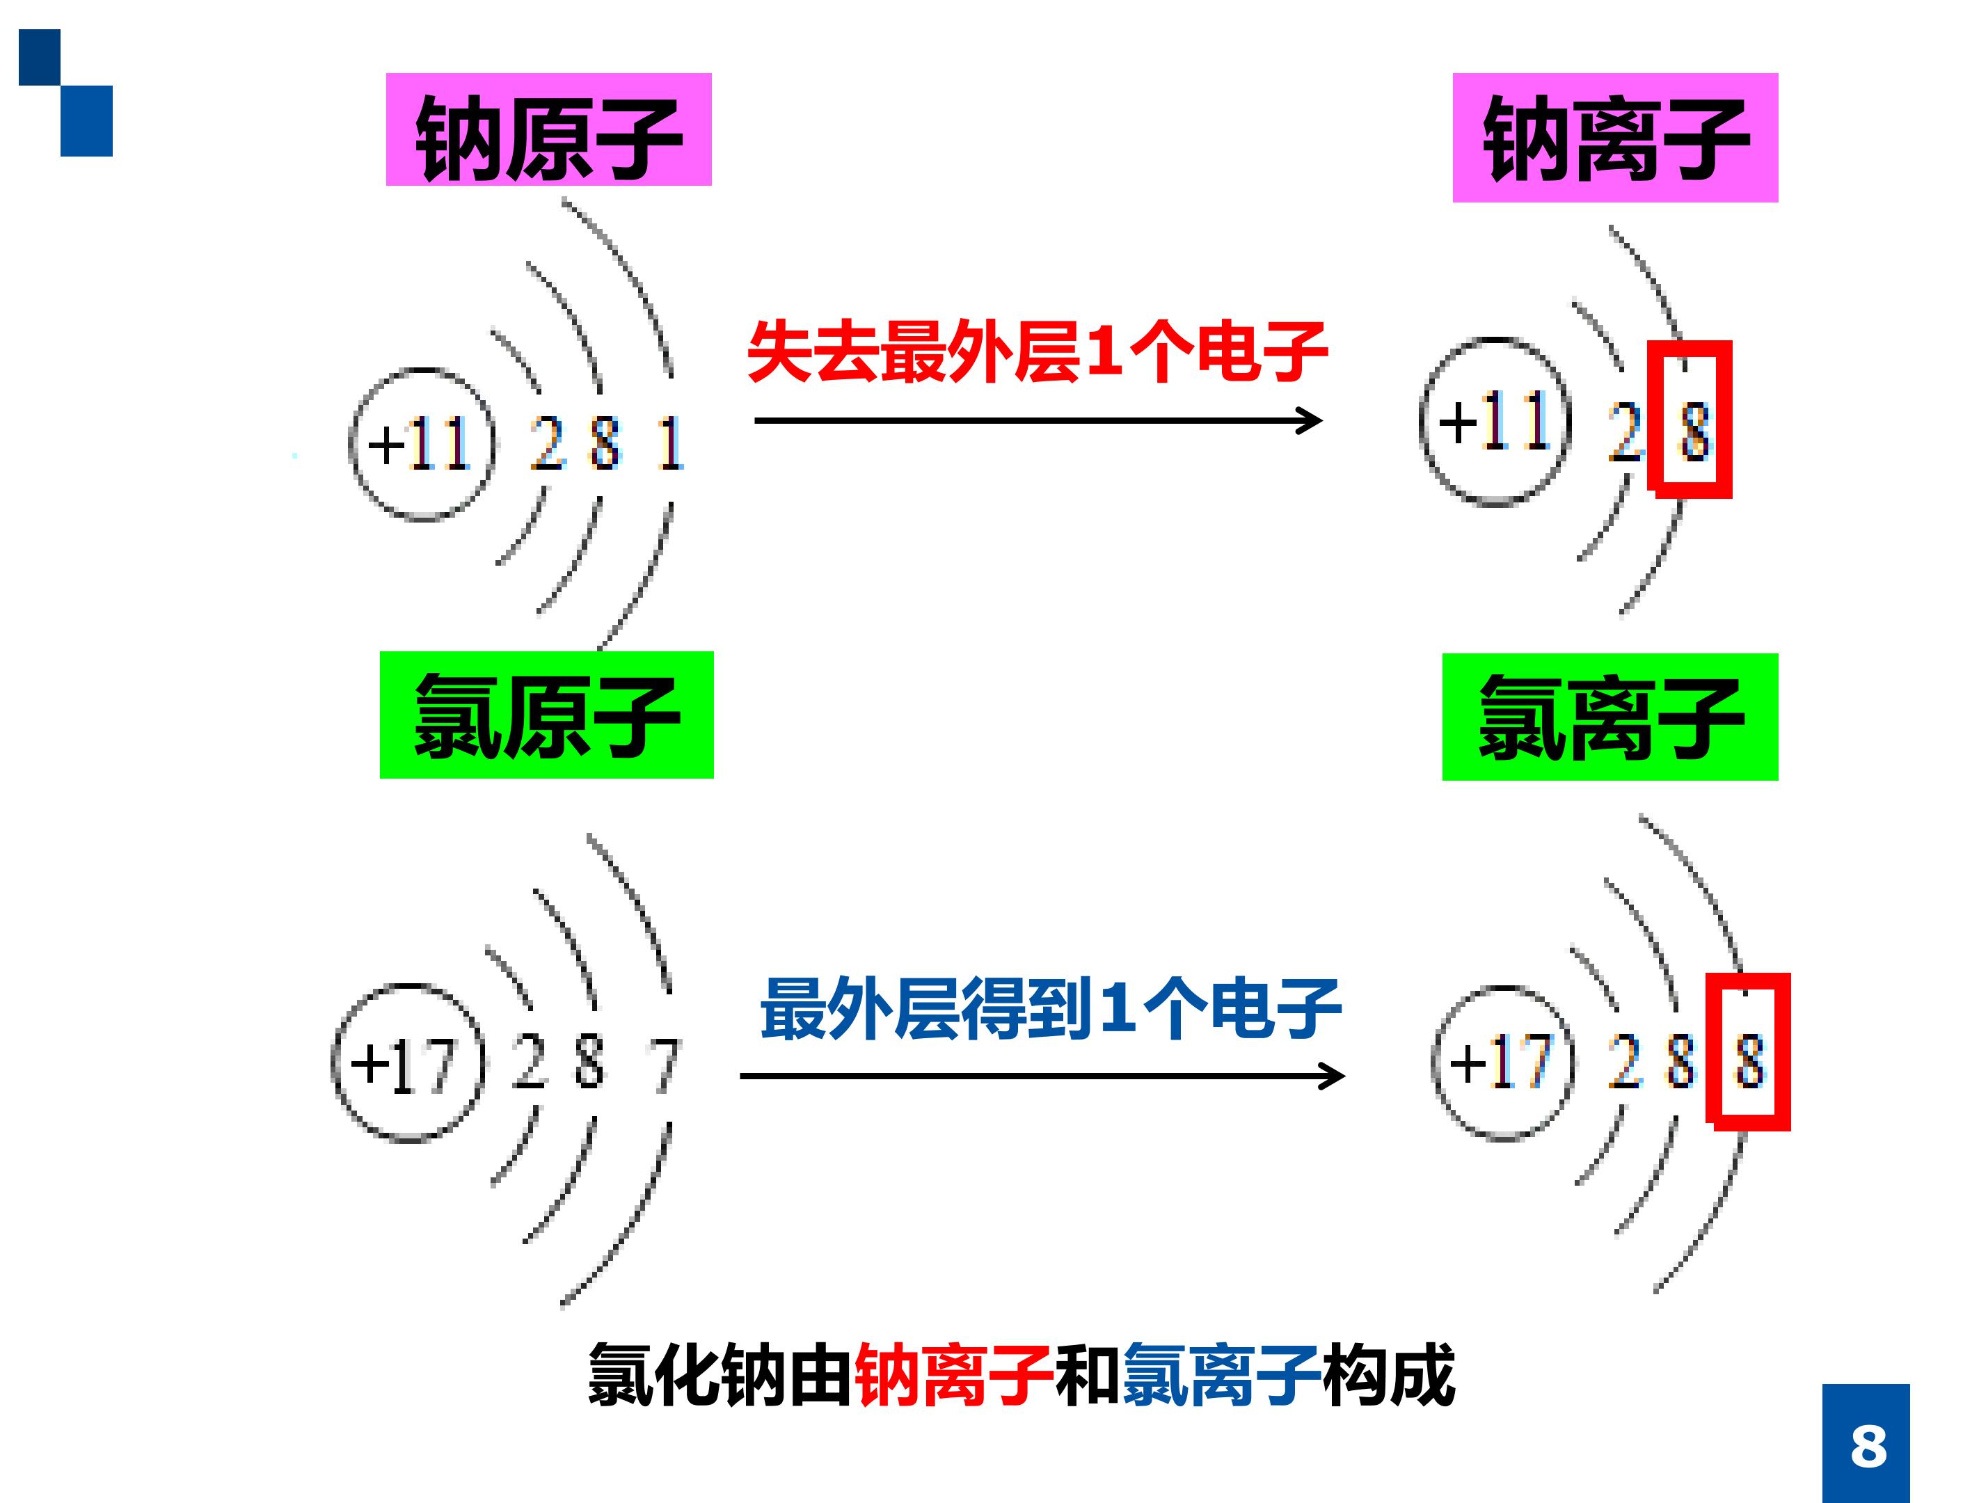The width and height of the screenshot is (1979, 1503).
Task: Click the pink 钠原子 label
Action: click(548, 129)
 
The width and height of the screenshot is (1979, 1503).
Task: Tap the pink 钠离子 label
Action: click(1615, 138)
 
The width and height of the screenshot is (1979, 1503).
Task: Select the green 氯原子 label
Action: click(547, 715)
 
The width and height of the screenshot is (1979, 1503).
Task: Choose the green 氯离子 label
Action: click(1610, 717)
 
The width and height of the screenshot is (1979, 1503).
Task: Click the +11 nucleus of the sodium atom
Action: click(422, 444)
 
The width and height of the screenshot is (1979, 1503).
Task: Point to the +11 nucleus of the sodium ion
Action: click(1495, 422)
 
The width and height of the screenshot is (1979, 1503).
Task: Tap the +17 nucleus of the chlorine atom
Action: click(408, 1064)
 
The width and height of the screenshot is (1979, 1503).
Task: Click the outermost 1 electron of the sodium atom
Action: click(670, 444)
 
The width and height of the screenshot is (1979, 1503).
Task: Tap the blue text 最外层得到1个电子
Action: click(1050, 1008)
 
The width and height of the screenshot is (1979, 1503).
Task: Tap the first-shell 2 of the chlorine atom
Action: click(529, 1062)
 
